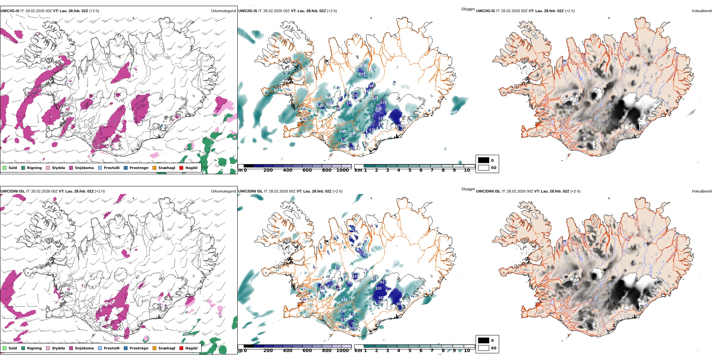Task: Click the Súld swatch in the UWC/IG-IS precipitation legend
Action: pos(5,168)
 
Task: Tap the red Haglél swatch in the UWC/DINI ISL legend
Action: pos(181,348)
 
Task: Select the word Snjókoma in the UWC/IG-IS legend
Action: pos(84,168)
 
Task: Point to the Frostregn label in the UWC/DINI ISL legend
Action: pos(139,348)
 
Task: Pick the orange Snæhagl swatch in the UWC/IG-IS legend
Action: pos(154,168)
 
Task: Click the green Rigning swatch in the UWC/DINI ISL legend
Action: pos(23,348)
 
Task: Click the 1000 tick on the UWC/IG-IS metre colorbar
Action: pos(342,170)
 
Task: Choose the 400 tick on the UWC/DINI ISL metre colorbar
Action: pos(288,351)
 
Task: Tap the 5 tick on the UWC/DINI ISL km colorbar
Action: pos(410,351)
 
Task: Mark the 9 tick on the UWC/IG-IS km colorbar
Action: pos(454,170)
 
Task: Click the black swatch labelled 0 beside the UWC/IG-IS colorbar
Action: pos(484,160)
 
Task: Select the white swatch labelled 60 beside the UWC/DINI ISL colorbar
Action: pos(484,348)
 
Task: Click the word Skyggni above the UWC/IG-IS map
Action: pos(468,9)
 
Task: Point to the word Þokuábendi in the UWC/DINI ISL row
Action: pos(702,191)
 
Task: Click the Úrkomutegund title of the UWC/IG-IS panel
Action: pos(223,11)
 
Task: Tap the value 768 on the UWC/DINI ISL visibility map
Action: pos(352,298)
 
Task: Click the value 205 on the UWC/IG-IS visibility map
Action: pos(378,109)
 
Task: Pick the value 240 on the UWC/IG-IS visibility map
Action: pos(342,131)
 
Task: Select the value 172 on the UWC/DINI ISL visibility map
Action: pos(362,252)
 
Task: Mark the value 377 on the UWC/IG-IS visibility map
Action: pos(373,70)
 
